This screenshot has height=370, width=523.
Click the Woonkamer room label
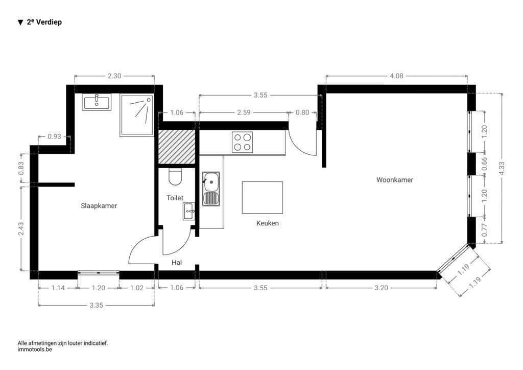(x=395, y=180)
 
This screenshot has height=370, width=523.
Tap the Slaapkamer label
(x=99, y=206)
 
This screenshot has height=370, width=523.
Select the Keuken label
(x=268, y=223)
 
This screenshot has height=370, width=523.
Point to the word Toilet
(x=175, y=198)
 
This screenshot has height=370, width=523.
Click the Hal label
(x=177, y=263)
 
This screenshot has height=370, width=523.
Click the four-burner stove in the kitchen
(x=242, y=143)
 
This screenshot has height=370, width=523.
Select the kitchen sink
(x=210, y=188)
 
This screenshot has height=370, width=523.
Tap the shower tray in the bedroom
(x=136, y=115)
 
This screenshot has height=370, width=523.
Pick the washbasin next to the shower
(x=97, y=102)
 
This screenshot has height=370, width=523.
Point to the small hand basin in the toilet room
(x=188, y=211)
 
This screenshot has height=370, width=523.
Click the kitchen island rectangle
(x=262, y=197)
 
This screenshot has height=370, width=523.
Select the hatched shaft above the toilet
(x=176, y=147)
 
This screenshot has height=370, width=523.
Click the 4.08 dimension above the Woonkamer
(x=396, y=76)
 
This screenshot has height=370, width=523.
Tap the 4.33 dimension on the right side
(x=502, y=169)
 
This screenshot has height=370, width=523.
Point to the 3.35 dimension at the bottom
(x=97, y=306)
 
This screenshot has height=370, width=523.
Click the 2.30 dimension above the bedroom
(x=114, y=76)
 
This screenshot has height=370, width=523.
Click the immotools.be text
(x=35, y=350)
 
